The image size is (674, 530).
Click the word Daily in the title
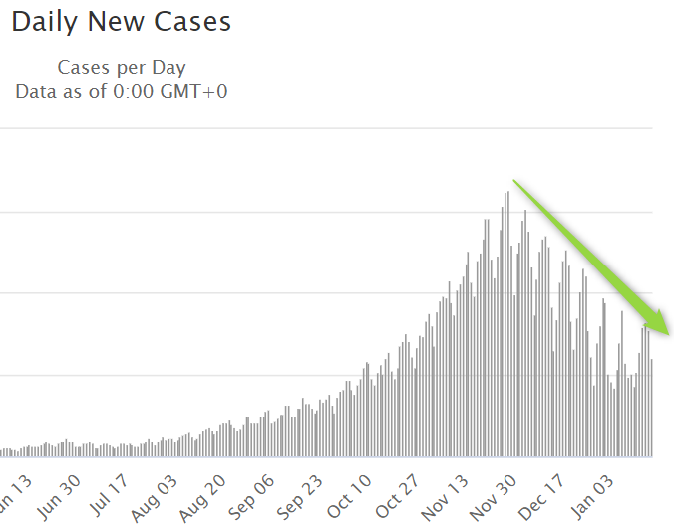[x=45, y=22]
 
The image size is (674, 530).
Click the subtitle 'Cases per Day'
[x=122, y=68]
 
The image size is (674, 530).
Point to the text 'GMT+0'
[x=196, y=91]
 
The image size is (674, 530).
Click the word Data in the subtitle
[x=36, y=91]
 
